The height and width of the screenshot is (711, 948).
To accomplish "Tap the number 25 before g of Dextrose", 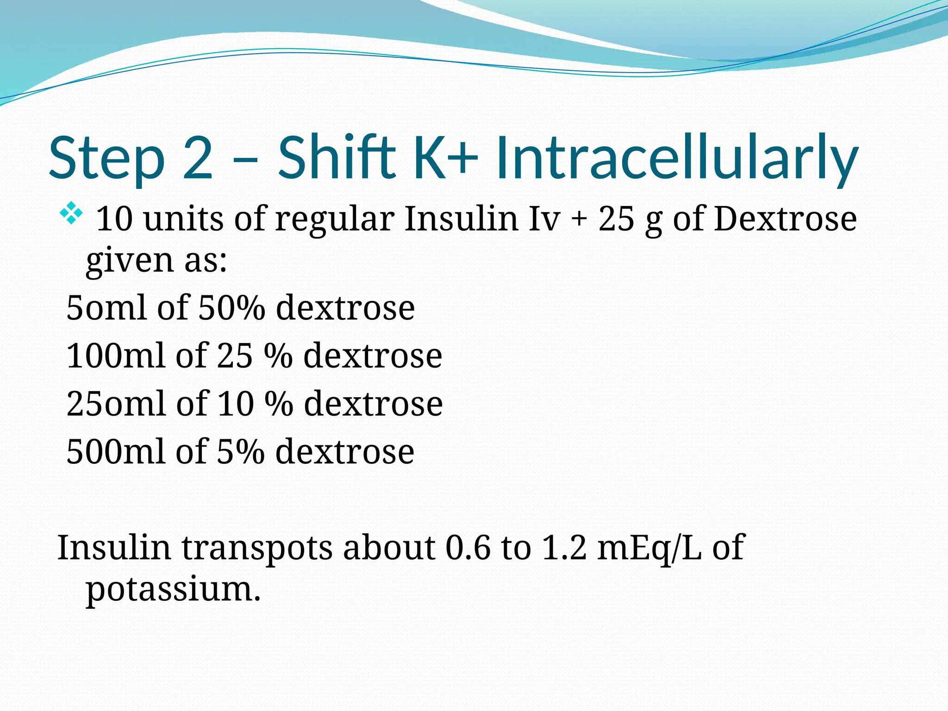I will coord(616,218).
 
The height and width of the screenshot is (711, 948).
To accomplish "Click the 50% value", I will coord(231,308).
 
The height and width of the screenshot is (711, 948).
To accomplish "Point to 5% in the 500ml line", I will coord(240,452).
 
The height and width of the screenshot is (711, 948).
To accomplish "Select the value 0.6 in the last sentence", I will coord(468,548).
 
